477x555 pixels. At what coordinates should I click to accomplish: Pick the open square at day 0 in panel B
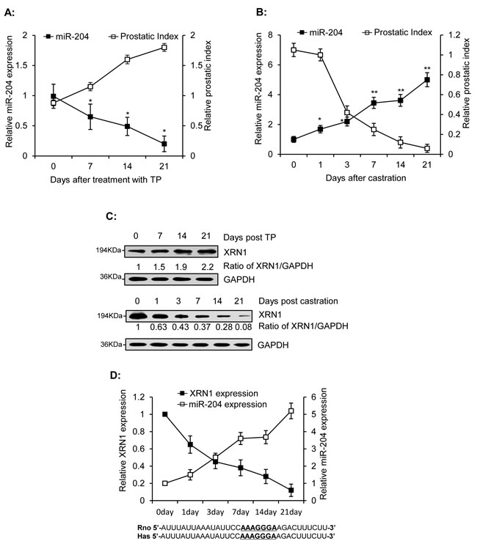coord(293,50)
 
